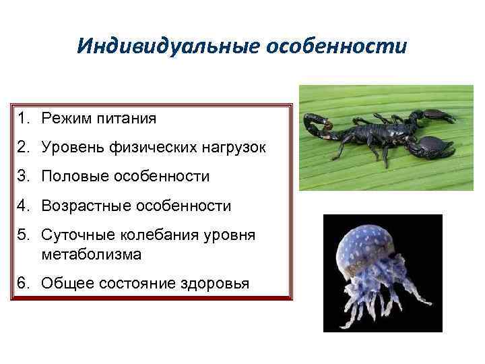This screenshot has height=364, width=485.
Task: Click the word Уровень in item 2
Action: [72, 148]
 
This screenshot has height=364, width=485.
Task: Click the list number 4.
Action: [23, 206]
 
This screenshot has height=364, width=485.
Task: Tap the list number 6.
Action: [23, 283]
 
